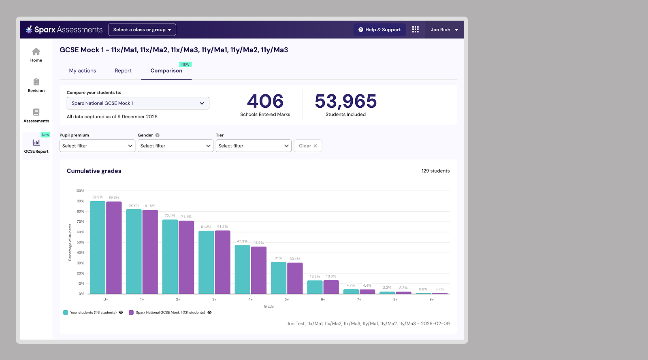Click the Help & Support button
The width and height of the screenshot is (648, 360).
coord(379,30)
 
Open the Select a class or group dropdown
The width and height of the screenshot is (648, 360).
coord(142,30)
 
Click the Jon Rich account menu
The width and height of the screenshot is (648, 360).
coord(444,30)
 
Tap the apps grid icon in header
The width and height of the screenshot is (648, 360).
coord(415,30)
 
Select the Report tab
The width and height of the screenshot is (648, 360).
coord(123,70)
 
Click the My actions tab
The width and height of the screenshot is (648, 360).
coord(83,70)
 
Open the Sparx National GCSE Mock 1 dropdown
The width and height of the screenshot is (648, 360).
coord(138,103)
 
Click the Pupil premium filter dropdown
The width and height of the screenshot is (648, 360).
coord(97,146)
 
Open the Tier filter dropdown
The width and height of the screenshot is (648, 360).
coord(253,146)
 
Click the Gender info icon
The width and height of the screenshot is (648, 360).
coord(157,135)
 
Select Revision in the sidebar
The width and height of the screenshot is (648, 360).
coord(36,85)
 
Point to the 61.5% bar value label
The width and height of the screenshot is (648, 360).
coord(222,227)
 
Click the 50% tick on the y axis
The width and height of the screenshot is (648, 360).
coord(81,242)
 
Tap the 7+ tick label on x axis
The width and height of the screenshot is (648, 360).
coord(359,300)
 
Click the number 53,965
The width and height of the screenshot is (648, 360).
coord(345,101)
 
